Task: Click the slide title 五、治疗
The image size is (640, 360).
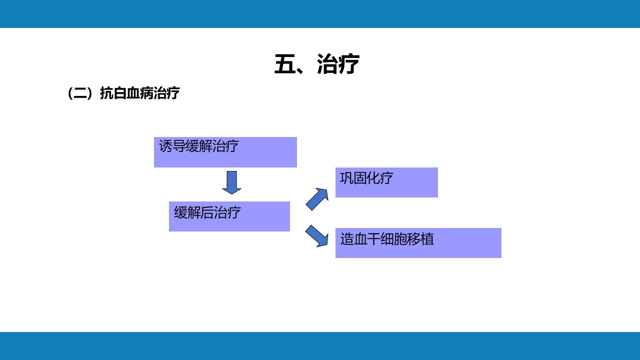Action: pyautogui.click(x=316, y=64)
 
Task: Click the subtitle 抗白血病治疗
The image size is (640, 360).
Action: pyautogui.click(x=139, y=93)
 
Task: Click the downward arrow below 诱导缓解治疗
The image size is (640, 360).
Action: pyautogui.click(x=232, y=182)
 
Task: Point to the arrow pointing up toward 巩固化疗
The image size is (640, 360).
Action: pyautogui.click(x=317, y=199)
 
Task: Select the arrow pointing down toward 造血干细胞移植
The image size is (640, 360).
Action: pyautogui.click(x=317, y=236)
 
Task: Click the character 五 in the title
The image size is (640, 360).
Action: pyautogui.click(x=285, y=64)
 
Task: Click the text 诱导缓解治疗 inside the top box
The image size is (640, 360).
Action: pyautogui.click(x=199, y=146)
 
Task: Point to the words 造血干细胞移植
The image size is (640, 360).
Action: pyautogui.click(x=387, y=239)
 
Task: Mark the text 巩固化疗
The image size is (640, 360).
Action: pyautogui.click(x=366, y=178)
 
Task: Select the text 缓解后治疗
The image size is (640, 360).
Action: pyautogui.click(x=207, y=212)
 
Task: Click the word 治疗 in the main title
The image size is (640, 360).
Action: pyautogui.click(x=338, y=64)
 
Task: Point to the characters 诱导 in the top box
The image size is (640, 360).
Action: pyautogui.click(x=172, y=146)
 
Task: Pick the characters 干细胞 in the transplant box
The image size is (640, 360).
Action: pyautogui.click(x=387, y=239)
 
